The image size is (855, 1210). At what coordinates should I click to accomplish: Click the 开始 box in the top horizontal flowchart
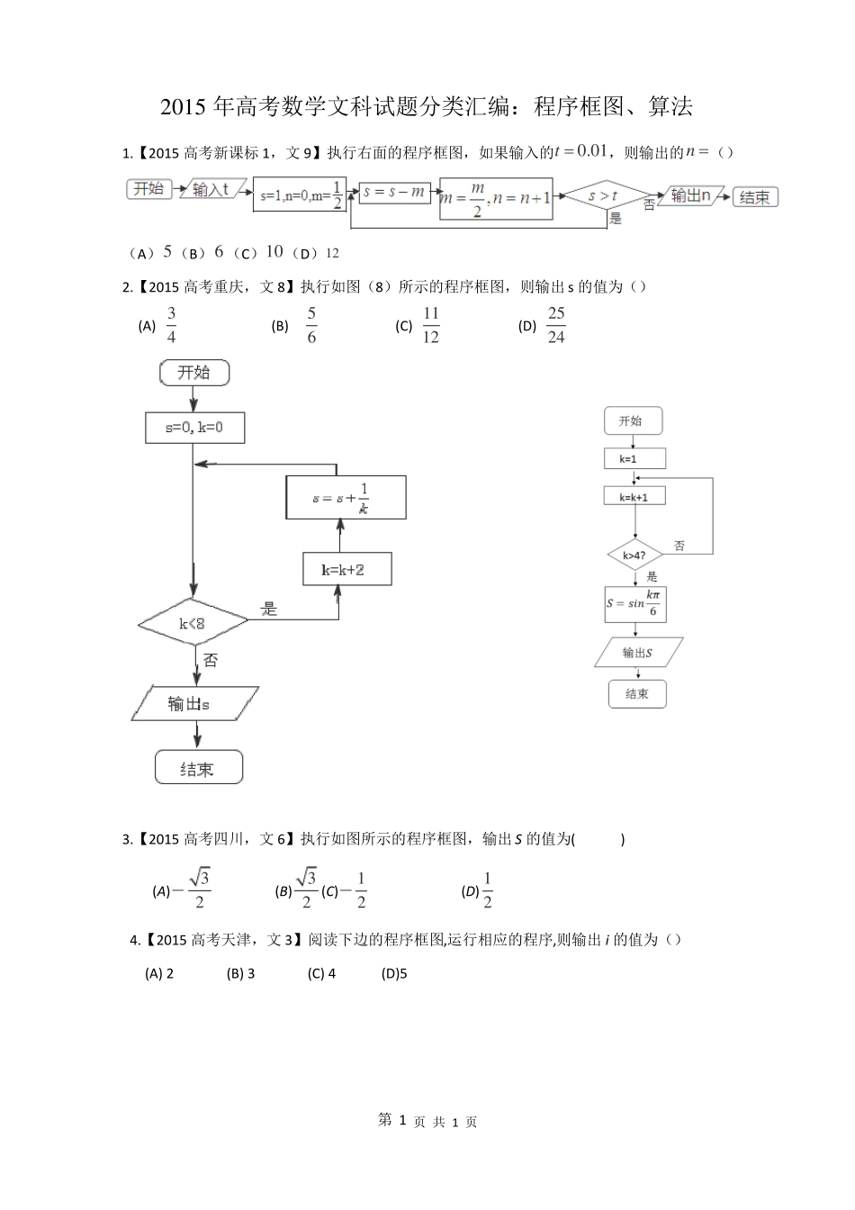click(x=148, y=189)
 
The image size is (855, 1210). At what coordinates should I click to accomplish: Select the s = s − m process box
click(x=394, y=192)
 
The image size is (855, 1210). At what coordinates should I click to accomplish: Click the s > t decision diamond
click(x=602, y=195)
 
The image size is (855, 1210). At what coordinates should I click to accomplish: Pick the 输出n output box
click(x=690, y=195)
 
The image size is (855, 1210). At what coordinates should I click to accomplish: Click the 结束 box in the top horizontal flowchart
click(x=754, y=197)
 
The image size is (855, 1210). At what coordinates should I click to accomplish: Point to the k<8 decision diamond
click(x=193, y=622)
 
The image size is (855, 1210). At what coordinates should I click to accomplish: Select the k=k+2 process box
click(x=346, y=569)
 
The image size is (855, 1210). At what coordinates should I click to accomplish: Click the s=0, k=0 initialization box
click(x=193, y=428)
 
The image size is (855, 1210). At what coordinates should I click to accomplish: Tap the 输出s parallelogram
click(x=194, y=703)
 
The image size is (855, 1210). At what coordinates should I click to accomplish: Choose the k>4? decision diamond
click(x=634, y=555)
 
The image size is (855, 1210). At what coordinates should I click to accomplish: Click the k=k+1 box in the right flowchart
click(x=634, y=497)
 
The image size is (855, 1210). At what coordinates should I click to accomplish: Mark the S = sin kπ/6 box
click(x=635, y=604)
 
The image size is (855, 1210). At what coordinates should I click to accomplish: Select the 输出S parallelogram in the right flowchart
click(x=637, y=652)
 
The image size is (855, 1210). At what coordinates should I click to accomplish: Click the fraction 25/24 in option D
click(x=556, y=325)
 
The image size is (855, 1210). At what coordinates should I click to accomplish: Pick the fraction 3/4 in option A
click(x=172, y=325)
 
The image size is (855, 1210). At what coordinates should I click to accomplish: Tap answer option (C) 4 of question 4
click(x=321, y=973)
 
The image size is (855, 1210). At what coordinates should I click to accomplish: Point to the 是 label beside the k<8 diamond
click(x=269, y=609)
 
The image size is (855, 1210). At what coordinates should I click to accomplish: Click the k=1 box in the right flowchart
click(x=634, y=458)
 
